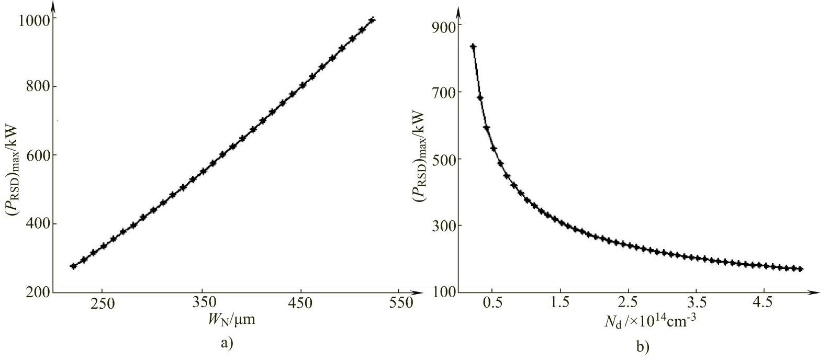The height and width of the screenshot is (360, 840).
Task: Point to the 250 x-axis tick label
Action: (x=102, y=303)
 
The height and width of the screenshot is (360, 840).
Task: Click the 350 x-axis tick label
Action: (x=201, y=303)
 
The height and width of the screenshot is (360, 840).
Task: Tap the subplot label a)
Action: (x=227, y=343)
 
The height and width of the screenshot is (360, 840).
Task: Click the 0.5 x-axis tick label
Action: (x=492, y=303)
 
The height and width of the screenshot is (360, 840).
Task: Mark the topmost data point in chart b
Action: (x=473, y=47)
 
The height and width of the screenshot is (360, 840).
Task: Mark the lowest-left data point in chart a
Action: (x=73, y=266)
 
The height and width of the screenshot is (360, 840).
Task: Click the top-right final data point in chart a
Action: (x=372, y=20)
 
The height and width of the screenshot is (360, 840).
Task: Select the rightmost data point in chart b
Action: (x=800, y=269)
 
